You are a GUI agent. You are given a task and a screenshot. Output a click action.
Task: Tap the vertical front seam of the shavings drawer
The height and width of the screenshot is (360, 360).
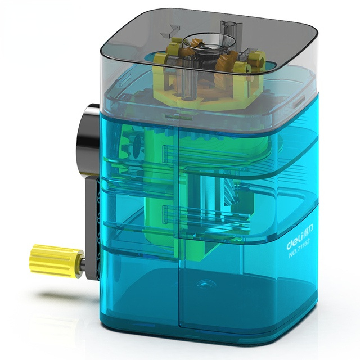coord(178,281)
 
